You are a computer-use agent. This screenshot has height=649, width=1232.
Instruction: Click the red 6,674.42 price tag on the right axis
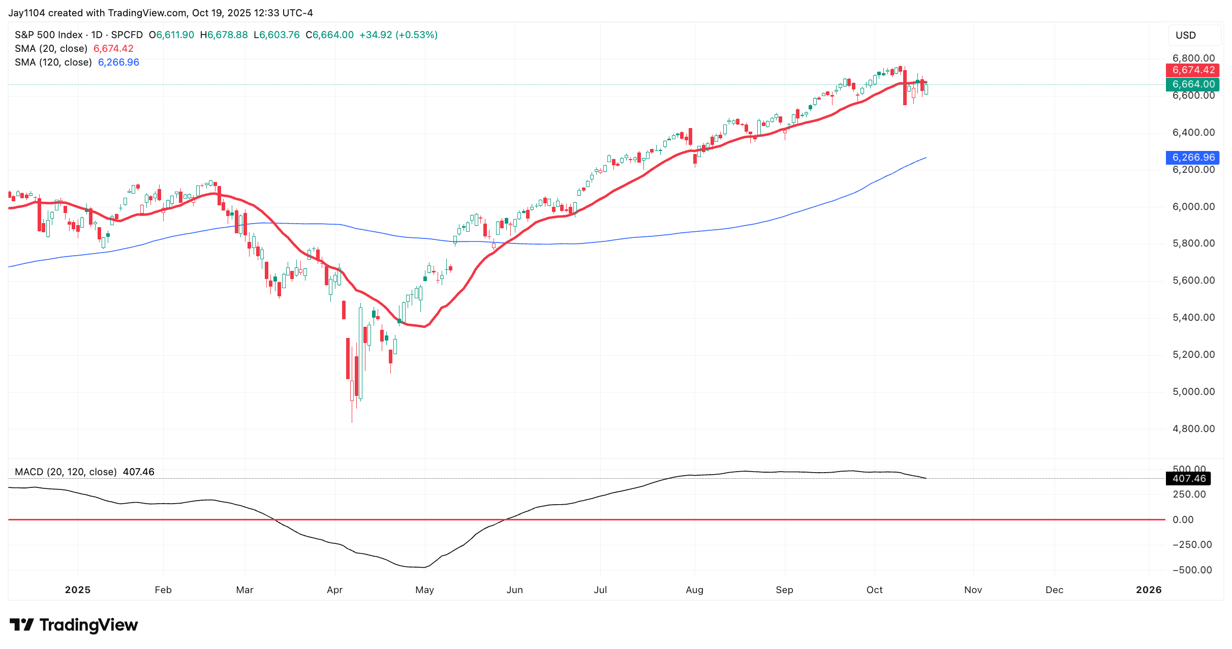pos(1192,70)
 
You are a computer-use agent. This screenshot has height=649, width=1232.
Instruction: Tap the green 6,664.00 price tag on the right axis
pos(1192,84)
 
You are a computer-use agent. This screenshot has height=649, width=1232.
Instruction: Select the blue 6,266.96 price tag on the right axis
pos(1192,158)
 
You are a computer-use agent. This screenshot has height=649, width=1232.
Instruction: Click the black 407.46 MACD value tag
pos(1188,479)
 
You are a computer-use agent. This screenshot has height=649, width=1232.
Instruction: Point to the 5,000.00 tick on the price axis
pos(1193,392)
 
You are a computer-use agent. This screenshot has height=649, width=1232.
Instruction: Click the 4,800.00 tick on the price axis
pos(1193,429)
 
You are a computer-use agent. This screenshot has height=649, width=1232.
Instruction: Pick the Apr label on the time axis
pos(334,590)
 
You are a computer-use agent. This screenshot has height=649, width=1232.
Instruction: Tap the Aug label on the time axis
pos(694,590)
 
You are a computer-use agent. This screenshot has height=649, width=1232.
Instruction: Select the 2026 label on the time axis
pos(1149,590)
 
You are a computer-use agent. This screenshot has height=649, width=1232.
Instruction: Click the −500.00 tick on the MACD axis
pos(1192,570)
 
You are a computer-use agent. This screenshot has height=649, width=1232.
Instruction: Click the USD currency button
pos(1186,36)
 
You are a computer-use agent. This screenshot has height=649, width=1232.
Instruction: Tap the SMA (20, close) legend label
pos(51,49)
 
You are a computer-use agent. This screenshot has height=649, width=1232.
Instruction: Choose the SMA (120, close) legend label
pos(53,63)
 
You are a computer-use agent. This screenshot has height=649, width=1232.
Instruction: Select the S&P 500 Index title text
pos(49,35)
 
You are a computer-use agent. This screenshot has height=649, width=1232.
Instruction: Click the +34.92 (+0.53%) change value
pos(398,35)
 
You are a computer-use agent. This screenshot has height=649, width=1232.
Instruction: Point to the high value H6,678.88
pos(224,35)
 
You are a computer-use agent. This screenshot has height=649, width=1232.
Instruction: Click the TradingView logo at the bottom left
pos(74,625)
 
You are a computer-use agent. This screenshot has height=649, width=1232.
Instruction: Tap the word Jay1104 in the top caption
pos(26,13)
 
